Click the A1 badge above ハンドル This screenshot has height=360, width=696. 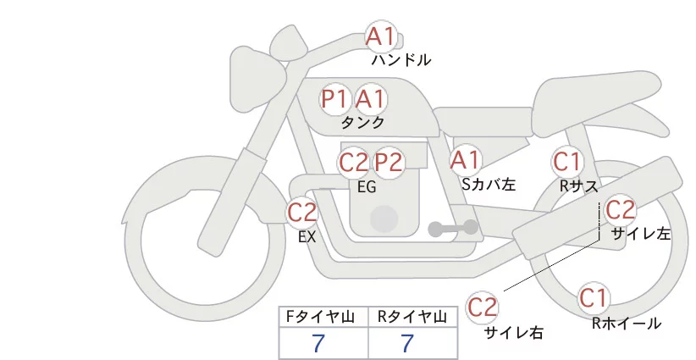tap(380, 36)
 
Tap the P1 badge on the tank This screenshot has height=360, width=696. tap(335, 99)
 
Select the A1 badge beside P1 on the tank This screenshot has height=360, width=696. tap(370, 99)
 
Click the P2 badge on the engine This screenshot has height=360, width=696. tap(389, 162)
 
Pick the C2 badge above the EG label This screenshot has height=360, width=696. tap(354, 162)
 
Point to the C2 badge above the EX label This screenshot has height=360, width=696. tap(302, 212)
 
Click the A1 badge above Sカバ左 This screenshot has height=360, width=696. tap(465, 159)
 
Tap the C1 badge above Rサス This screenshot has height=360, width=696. tap(566, 161)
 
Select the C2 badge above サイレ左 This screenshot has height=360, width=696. tap(620, 208)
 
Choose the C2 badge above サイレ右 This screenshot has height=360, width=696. tap(483, 305)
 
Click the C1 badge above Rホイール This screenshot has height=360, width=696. tap(594, 298)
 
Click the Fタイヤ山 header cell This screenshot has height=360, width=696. tap(323, 317)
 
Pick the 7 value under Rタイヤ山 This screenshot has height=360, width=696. tap(408, 344)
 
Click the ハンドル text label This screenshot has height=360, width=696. tap(401, 60)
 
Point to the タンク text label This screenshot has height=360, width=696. tap(363, 122)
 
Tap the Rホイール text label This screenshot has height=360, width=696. tap(626, 323)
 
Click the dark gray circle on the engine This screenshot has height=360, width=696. tap(385, 219)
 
